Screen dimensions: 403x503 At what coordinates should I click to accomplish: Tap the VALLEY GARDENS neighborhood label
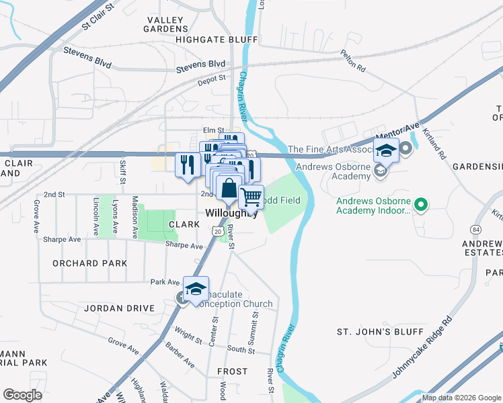165,24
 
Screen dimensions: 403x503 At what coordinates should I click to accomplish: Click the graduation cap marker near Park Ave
196,289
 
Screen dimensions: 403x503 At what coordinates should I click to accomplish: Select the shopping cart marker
251,197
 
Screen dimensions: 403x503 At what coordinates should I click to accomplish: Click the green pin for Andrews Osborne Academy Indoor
421,203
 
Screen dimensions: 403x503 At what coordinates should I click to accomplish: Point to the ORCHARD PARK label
89,263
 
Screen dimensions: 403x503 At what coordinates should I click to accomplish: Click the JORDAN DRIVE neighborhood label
120,309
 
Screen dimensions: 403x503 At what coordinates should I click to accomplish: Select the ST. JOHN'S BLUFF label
380,332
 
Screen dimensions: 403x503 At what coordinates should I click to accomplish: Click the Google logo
22,395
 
